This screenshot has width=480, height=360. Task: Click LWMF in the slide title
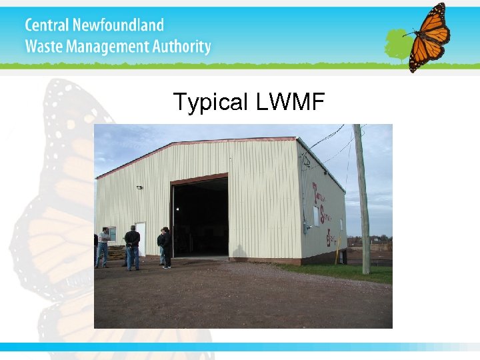tap(289, 102)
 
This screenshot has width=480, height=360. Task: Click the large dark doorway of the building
tap(200, 216)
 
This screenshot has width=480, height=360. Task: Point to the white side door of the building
tap(141, 238)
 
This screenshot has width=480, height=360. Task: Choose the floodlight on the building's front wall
tap(139, 188)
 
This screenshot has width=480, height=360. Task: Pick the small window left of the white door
tap(113, 234)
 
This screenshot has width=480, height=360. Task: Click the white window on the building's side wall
tap(315, 215)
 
